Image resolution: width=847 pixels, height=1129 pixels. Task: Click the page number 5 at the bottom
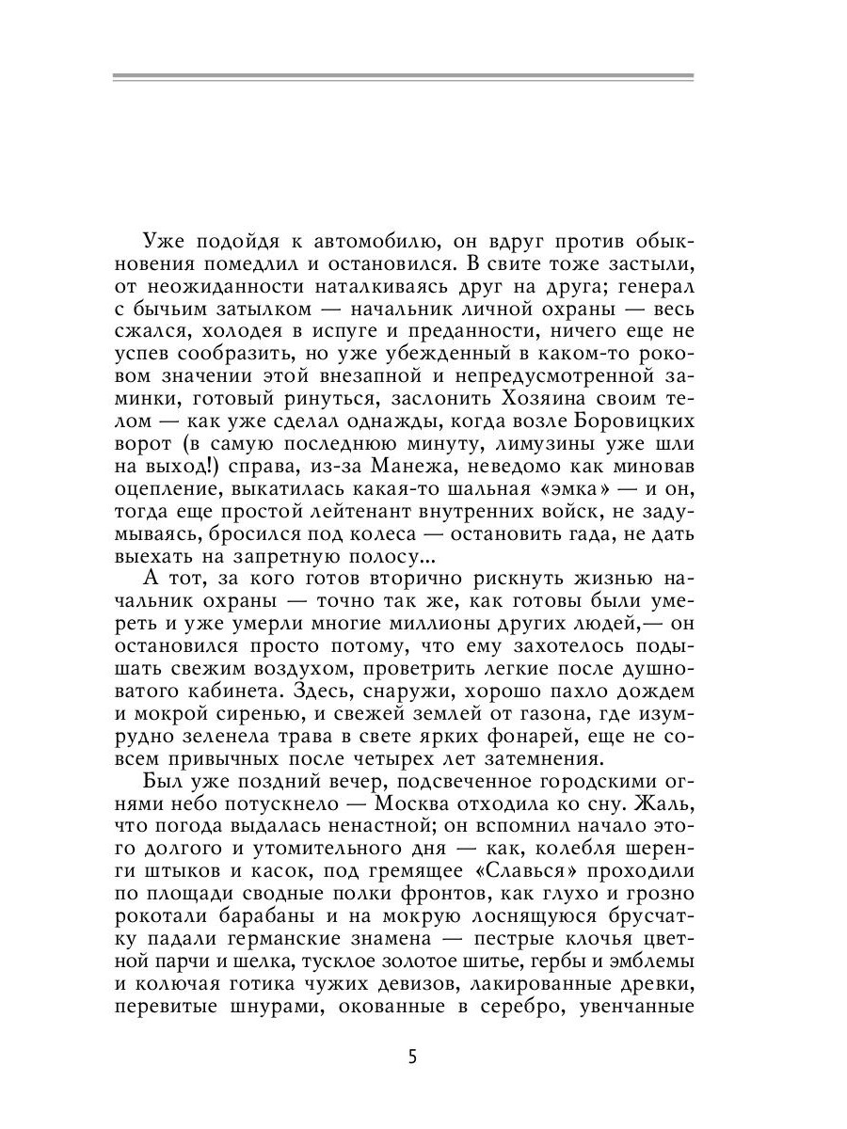point(412,1056)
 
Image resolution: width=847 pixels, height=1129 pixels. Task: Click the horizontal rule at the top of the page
point(403,78)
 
